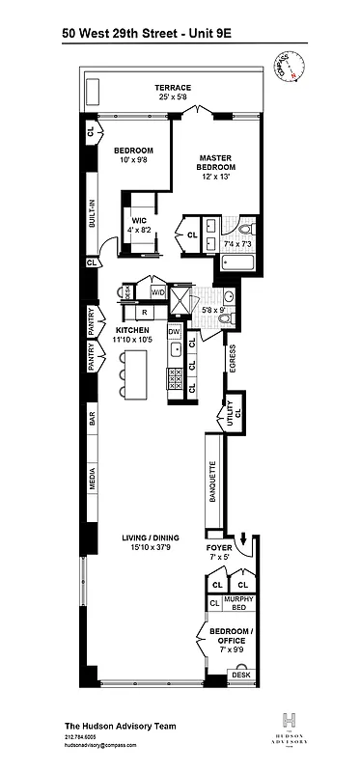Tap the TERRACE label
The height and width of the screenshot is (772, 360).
[x=173, y=88]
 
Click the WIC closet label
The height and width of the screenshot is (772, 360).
[x=139, y=221]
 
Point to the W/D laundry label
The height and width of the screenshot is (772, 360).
[x=157, y=292]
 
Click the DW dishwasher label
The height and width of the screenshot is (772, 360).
[x=174, y=332]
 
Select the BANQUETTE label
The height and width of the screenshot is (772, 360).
[x=212, y=479]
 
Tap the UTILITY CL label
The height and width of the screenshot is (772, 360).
[x=232, y=413]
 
